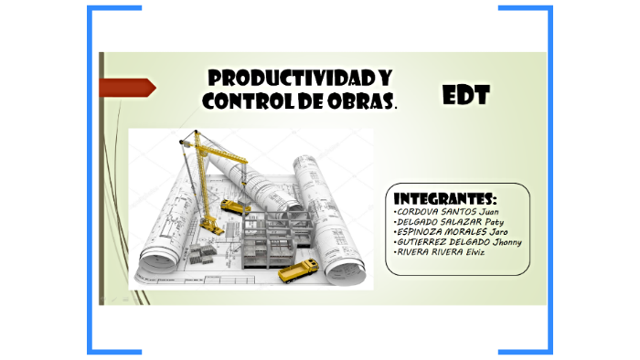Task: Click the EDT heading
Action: click(466, 94)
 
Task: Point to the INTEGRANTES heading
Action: click(444, 198)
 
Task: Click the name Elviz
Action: click(474, 252)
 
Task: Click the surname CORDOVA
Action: click(418, 212)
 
